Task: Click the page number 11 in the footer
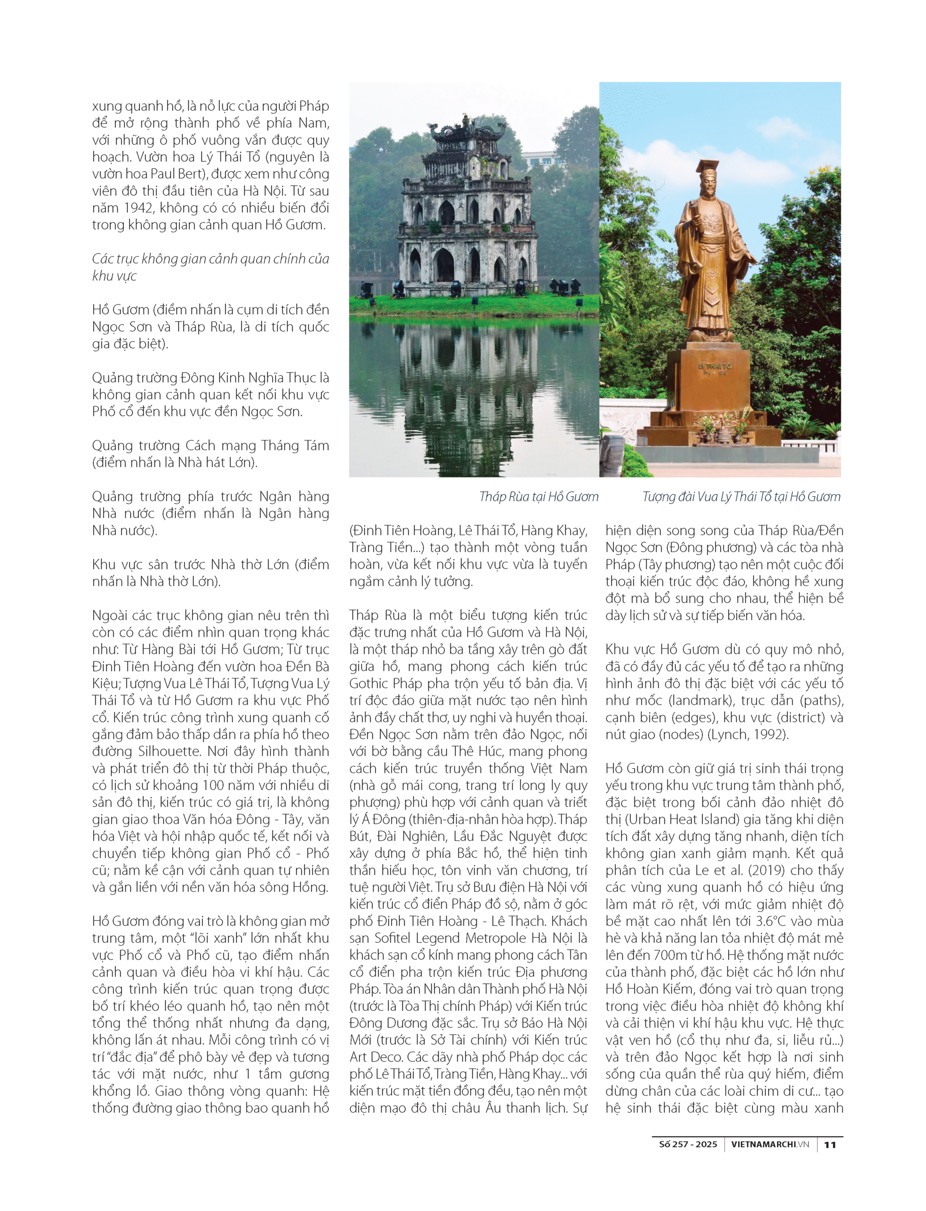click(x=830, y=1144)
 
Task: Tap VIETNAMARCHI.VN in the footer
click(x=769, y=1144)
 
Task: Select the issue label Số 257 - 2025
click(x=688, y=1144)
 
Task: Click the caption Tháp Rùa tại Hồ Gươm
click(x=539, y=497)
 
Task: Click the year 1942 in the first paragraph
click(x=131, y=208)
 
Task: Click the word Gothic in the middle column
click(x=369, y=684)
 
